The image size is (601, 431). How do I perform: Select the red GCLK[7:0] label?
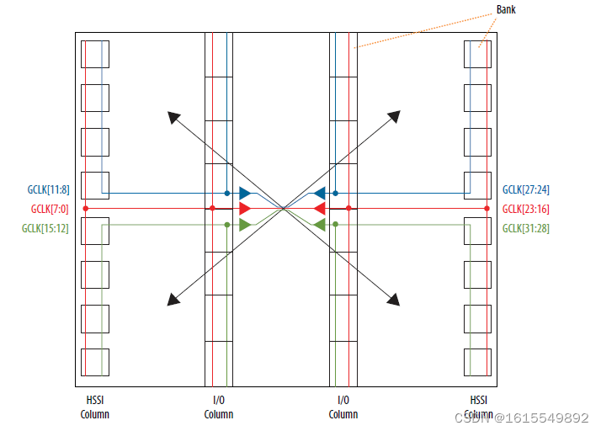tap(50, 209)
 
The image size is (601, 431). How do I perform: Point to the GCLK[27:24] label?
tap(526, 190)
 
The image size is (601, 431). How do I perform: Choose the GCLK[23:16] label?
tap(526, 209)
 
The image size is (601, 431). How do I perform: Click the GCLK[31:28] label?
tap(526, 228)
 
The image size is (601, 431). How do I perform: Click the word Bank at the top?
tap(506, 9)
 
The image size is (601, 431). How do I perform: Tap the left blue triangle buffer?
tap(244, 193)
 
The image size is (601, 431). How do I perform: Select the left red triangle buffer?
tap(244, 208)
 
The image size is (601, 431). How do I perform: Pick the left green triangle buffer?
tap(244, 224)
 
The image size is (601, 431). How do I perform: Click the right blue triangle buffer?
tap(320, 193)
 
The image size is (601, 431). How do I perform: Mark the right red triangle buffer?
tap(320, 208)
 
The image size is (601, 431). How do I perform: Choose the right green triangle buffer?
tap(320, 224)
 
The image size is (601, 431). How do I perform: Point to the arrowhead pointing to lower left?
tap(173, 299)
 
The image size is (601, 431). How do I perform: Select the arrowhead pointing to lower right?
tap(393, 298)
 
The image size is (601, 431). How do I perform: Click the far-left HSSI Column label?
tap(94, 408)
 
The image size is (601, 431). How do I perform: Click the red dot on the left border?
tap(85, 208)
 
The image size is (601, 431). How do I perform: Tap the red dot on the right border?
tap(487, 208)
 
